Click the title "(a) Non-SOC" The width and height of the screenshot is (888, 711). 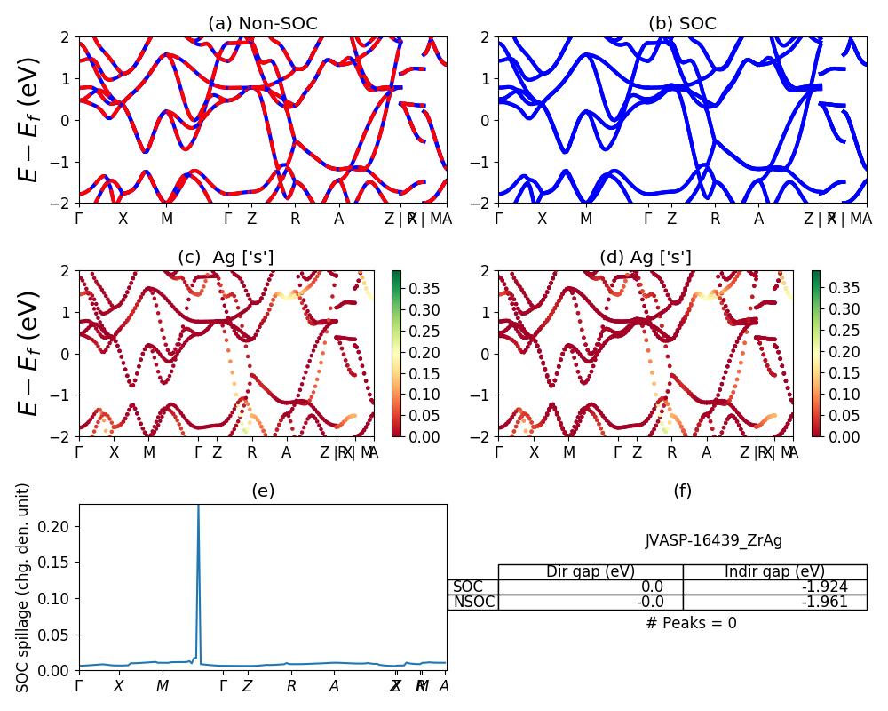pos(262,24)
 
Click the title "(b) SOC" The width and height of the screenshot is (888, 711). pos(682,24)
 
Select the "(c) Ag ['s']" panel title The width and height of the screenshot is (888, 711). pos(226,258)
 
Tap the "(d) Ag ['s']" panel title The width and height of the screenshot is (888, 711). pos(646,258)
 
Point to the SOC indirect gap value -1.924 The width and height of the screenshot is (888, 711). pos(821,587)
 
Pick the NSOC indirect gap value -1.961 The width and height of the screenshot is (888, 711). pos(821,602)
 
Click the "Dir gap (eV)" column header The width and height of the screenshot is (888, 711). pos(591,571)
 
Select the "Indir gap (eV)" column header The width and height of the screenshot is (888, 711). pos(774,571)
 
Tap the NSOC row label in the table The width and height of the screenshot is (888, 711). pos(473,602)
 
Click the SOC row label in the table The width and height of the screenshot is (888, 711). pos(468,587)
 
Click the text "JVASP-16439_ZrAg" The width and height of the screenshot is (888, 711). pos(713,540)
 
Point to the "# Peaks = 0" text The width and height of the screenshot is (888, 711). pos(691,623)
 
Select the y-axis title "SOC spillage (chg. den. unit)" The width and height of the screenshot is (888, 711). pos(24,587)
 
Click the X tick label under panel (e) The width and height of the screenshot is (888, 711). pos(118,686)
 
